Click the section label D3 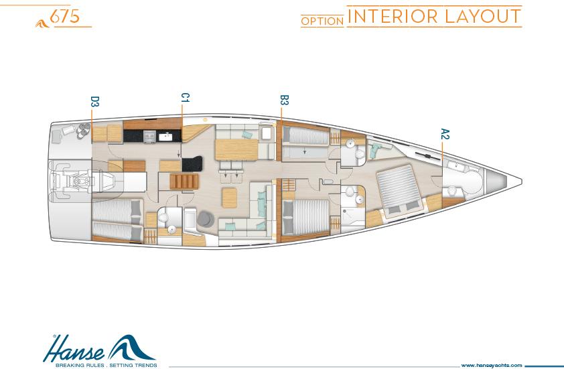coord(94,101)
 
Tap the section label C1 coord(185,98)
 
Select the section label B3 coord(284,100)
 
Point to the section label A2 coord(445,134)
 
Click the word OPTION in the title coord(322,21)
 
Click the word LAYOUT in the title coord(483,16)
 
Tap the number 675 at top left coord(65,16)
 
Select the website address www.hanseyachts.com coord(492,365)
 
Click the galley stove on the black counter coord(149,137)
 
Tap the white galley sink coord(165,137)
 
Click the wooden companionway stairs coord(184,181)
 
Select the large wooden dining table coord(236,149)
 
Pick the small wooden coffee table coord(229,198)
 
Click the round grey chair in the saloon coord(206,219)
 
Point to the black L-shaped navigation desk coord(192,164)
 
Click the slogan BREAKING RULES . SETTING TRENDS coord(106,366)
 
